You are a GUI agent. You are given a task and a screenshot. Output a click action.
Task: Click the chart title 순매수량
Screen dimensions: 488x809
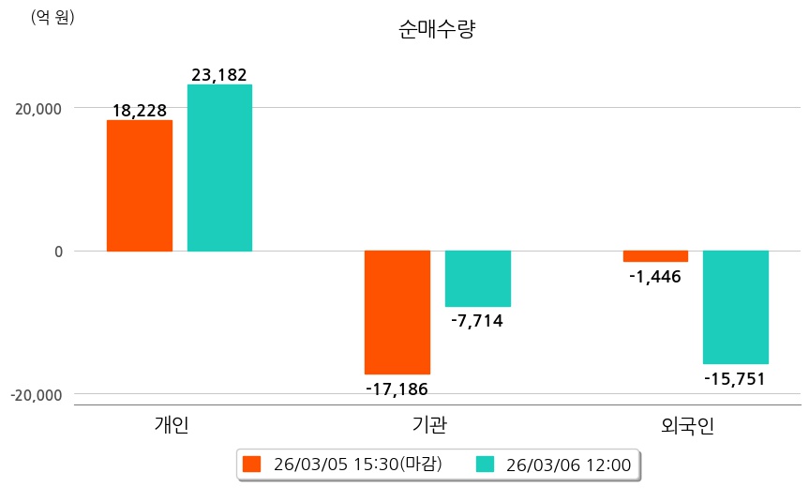coord(437,31)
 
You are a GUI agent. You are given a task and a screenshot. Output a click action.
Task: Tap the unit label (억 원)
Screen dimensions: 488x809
coord(52,17)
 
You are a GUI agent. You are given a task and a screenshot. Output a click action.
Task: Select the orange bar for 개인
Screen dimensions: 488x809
coord(139,186)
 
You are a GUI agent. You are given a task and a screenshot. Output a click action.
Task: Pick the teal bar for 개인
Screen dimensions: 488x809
coord(219,168)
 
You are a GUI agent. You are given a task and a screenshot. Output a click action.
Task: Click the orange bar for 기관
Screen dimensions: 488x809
coord(397,312)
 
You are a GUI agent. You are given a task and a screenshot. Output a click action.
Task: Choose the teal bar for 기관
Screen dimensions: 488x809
coord(477,279)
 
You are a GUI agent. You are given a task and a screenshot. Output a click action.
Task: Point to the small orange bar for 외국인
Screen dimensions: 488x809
coord(655,256)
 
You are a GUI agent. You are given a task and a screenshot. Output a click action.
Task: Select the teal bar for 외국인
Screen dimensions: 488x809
coord(736,307)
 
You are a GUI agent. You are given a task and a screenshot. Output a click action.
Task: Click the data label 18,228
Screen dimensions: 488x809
coord(139,111)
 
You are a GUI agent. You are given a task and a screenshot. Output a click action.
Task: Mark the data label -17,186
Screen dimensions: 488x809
coord(397,388)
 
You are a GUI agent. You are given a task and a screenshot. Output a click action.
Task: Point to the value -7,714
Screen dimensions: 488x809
coord(477,321)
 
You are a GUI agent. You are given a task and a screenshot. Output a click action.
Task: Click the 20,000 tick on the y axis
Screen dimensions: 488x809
coord(39,109)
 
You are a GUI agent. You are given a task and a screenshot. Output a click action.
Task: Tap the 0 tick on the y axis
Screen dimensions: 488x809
coord(57,252)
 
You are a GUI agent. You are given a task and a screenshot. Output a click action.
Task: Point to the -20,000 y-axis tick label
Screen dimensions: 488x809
coord(37,395)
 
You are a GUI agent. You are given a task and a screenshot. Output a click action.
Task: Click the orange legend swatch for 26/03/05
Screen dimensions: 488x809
coord(251,464)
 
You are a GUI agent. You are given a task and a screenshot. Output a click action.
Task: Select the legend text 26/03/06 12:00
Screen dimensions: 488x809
coord(568,464)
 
